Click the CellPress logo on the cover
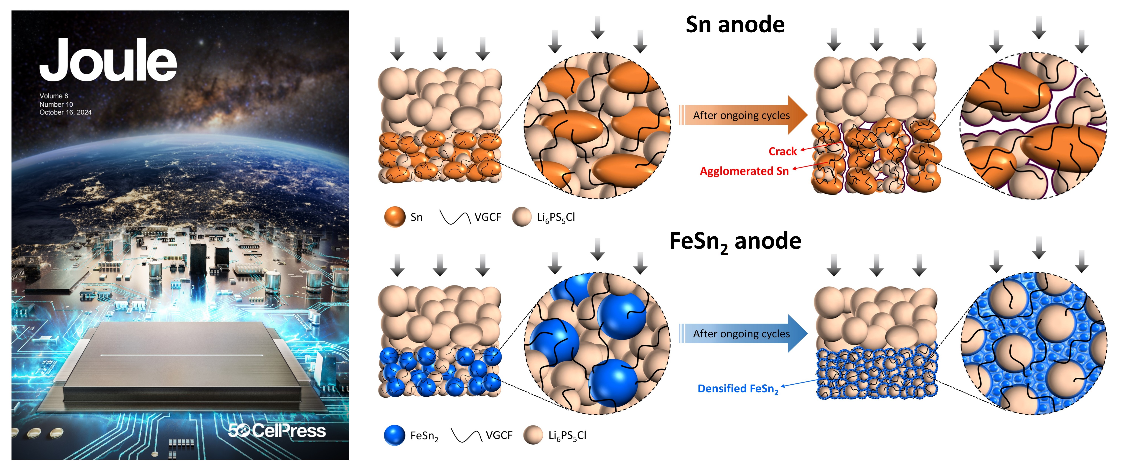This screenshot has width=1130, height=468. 277,431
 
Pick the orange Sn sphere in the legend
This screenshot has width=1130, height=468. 394,217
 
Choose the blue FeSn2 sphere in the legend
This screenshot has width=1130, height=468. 394,435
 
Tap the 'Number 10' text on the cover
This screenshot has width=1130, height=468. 56,104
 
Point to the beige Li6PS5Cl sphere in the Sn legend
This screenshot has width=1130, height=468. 522,217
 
